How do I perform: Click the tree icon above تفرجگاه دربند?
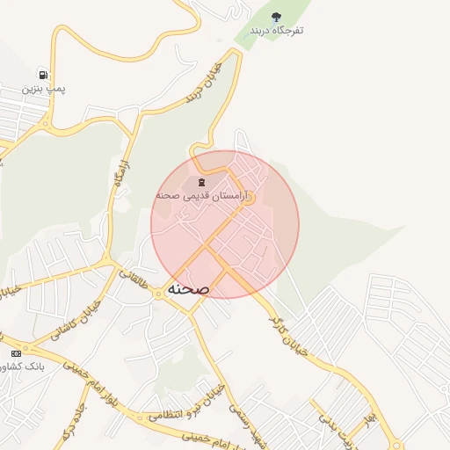(x=277, y=17)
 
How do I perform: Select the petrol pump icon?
(x=43, y=75)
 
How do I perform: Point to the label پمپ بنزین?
(x=44, y=89)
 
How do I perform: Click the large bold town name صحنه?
(x=186, y=288)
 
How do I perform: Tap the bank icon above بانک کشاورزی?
(x=15, y=352)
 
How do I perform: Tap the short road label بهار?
(x=373, y=414)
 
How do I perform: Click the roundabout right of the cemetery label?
(x=250, y=200)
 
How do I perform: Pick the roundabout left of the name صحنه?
(x=158, y=294)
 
